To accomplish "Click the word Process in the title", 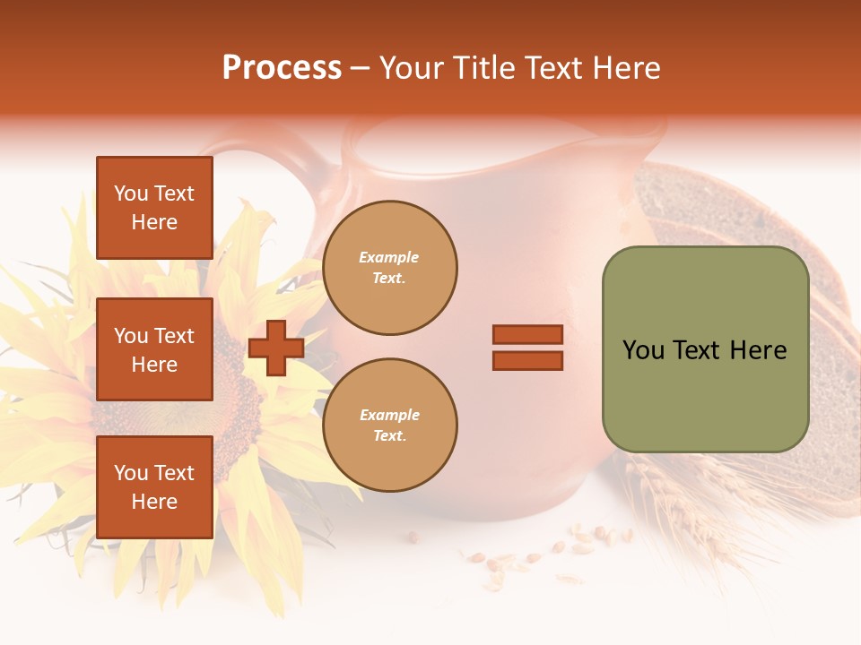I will point(282,68).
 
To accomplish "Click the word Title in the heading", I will point(482,68).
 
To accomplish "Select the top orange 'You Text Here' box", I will point(154,208).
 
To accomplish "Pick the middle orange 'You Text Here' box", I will point(154,349).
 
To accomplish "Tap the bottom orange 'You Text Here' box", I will point(154,486).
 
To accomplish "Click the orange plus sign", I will point(276,348).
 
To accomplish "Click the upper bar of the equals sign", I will point(527,334).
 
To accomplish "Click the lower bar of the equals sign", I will point(527,360).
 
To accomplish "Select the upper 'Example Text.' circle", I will point(389,267).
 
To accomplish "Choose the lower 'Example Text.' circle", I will point(389,425).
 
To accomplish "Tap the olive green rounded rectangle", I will point(705,348).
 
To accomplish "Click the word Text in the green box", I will point(698,350).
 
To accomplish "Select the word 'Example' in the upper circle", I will point(389,257).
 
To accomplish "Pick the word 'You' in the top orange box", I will point(131,193).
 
